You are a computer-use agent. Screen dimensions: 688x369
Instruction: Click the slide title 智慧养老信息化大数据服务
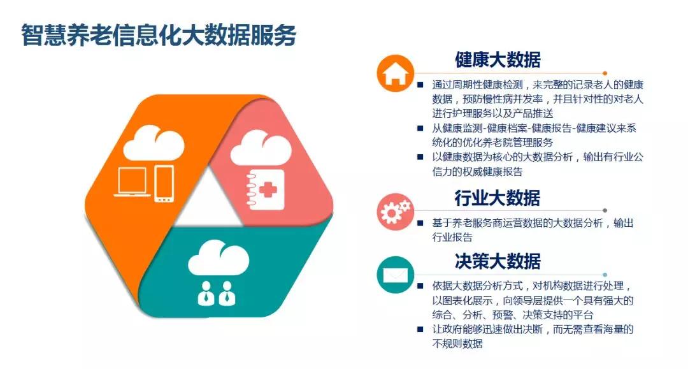point(159,34)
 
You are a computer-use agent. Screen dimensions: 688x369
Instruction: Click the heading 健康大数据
point(498,60)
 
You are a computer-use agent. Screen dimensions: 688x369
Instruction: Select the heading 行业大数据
point(497,198)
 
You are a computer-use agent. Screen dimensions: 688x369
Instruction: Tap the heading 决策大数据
point(498,261)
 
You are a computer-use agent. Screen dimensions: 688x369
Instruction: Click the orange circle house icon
point(396,73)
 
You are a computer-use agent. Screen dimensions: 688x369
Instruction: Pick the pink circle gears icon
point(396,212)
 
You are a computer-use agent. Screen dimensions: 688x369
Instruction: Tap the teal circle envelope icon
point(396,275)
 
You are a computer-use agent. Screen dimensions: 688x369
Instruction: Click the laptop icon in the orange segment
point(132,182)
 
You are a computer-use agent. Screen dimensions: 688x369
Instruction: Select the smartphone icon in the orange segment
point(164,184)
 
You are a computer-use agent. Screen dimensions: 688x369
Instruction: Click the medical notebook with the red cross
point(265,189)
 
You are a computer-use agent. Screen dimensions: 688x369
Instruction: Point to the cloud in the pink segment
point(261,148)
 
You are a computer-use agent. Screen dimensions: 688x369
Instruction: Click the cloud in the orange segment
point(154,143)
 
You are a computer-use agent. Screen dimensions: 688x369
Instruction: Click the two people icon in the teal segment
point(217,294)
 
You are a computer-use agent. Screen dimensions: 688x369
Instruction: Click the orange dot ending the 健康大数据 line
point(605,73)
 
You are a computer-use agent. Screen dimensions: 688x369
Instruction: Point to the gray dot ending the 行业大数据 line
point(605,210)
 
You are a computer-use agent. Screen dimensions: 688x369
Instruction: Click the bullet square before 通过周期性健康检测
point(420,85)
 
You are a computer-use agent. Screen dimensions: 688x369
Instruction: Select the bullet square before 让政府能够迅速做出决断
point(420,329)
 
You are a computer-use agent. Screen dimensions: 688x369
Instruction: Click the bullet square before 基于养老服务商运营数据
point(420,223)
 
